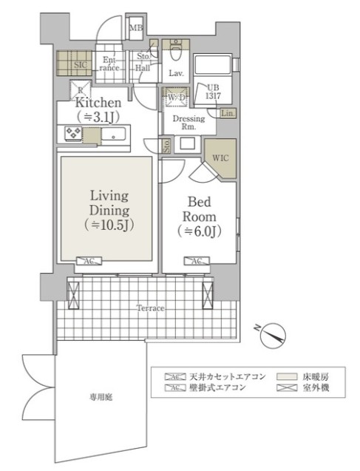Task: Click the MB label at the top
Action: pyautogui.click(x=136, y=29)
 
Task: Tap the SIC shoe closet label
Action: pyautogui.click(x=81, y=66)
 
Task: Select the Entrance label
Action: pyautogui.click(x=109, y=64)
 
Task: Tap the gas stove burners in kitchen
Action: pyautogui.click(x=75, y=134)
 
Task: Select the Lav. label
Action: pyautogui.click(x=176, y=73)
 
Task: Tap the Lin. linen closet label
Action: pyautogui.click(x=228, y=113)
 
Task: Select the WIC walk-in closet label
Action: pyautogui.click(x=220, y=157)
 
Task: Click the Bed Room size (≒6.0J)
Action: pyautogui.click(x=200, y=231)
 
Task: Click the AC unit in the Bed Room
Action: pyautogui.click(x=197, y=261)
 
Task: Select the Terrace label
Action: pyautogui.click(x=149, y=307)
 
